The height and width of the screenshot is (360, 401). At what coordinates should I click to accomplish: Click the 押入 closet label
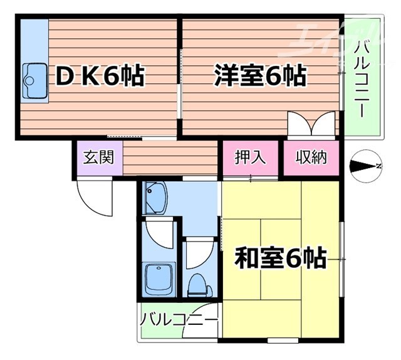click(250, 157)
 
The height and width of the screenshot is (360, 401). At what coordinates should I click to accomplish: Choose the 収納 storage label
click(311, 157)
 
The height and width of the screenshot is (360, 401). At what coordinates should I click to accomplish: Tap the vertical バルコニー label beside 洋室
click(362, 78)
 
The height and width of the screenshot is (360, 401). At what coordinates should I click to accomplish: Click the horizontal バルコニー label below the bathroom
click(179, 319)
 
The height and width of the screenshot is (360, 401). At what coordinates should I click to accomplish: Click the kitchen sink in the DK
click(34, 81)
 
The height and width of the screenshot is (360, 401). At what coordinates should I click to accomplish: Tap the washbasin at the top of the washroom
click(154, 198)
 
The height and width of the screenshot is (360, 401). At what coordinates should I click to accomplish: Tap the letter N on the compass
click(378, 166)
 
